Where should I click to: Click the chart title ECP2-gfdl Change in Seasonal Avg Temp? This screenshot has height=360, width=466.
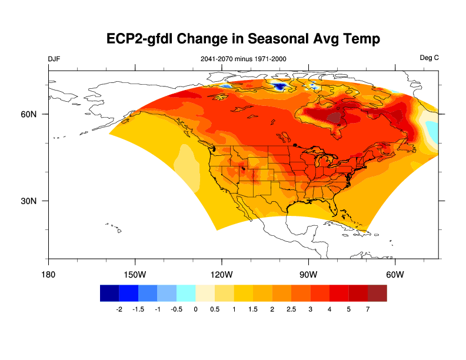(x=243, y=39)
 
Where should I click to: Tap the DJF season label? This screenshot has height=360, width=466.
(x=54, y=59)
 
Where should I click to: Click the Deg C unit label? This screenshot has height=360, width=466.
(x=429, y=58)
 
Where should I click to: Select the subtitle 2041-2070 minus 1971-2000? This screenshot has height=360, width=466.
(x=244, y=59)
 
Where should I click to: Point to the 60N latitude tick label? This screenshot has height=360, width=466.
(x=29, y=114)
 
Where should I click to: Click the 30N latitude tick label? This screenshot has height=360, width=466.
(x=29, y=201)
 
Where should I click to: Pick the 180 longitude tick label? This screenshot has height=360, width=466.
(x=48, y=275)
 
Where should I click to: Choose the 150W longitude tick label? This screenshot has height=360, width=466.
(x=135, y=275)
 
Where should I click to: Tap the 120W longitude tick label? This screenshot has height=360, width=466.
(x=222, y=275)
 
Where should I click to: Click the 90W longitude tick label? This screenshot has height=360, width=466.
(x=308, y=275)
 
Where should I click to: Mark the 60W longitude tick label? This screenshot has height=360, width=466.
(x=395, y=275)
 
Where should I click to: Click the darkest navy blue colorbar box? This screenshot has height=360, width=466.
(x=109, y=293)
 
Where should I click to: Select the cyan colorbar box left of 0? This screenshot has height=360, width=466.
(x=186, y=293)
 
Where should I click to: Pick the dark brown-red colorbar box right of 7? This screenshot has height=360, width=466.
(x=377, y=293)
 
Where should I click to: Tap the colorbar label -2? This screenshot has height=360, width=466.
(x=119, y=309)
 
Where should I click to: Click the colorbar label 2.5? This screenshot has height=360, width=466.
(x=291, y=309)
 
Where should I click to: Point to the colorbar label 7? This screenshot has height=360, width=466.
(x=368, y=309)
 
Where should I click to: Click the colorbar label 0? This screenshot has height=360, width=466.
(x=195, y=309)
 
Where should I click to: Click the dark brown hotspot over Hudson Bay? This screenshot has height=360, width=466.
(x=335, y=118)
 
